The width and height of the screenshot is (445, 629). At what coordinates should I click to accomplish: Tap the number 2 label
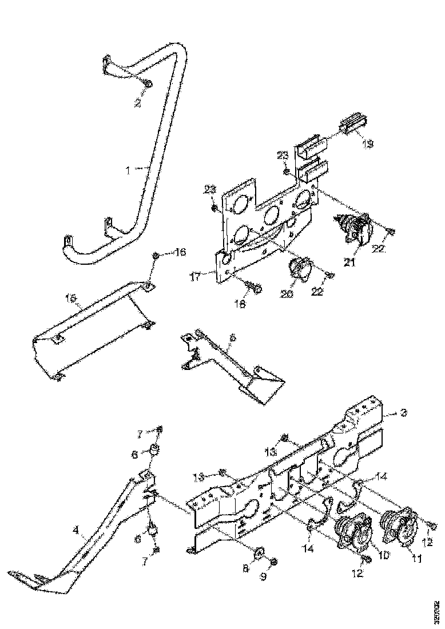[137, 103]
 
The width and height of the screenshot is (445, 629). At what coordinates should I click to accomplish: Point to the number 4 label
[76, 530]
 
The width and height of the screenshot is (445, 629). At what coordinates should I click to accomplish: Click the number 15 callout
[70, 298]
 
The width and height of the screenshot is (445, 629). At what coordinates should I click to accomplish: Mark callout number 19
[367, 144]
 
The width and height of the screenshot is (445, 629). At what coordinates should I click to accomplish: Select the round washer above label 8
[258, 552]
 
